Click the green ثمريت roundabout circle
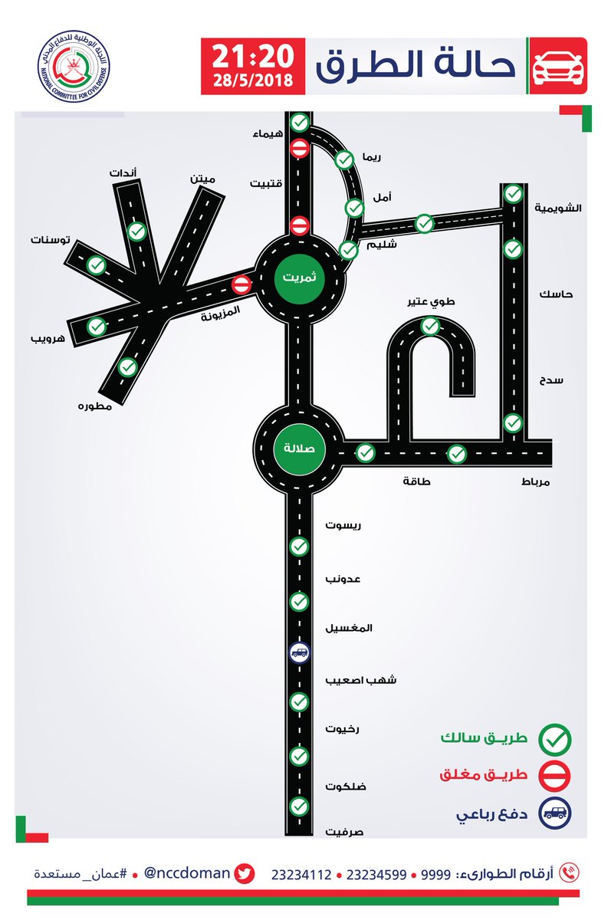[300, 278]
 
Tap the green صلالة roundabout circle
[299, 449]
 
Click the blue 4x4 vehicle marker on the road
[299, 652]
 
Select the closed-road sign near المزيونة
[241, 284]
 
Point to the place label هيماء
[268, 134]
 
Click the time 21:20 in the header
[253, 56]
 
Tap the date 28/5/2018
[253, 80]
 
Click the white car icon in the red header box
[558, 66]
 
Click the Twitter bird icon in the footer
[245, 873]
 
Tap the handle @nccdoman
[187, 872]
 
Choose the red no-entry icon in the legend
[555, 776]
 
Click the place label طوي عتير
[431, 302]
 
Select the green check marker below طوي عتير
[430, 327]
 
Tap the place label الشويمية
[558, 208]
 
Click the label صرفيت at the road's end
[344, 832]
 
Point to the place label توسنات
[50, 239]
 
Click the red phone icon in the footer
[570, 872]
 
